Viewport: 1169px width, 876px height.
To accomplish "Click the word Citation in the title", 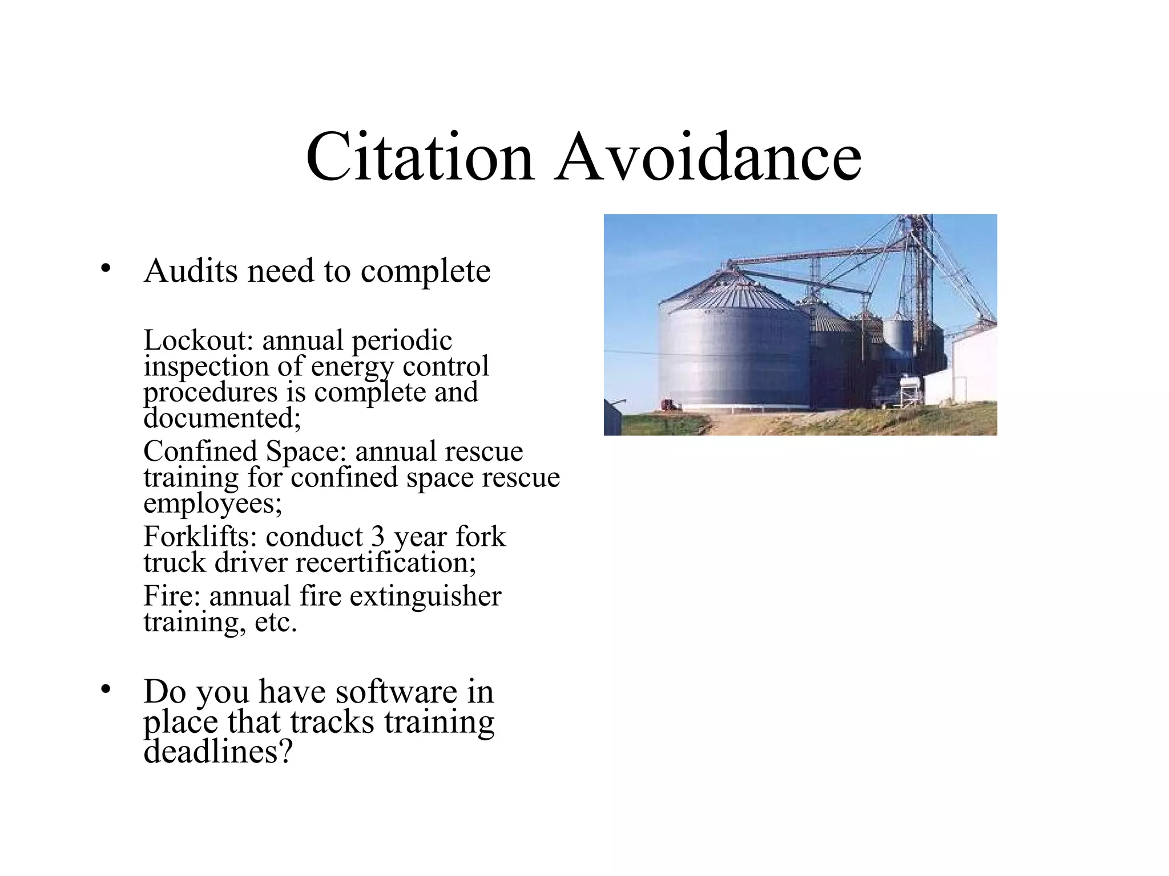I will (x=420, y=157).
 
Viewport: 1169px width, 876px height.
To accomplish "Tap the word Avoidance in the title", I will (x=708, y=157).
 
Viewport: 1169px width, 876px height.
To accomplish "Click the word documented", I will (x=221, y=419).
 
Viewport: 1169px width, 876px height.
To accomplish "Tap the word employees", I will (x=211, y=504).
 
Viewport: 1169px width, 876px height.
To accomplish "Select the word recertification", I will (x=385, y=563).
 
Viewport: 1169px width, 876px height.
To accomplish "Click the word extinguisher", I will (x=425, y=597).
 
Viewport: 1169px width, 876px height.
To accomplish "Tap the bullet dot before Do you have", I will (x=104, y=690).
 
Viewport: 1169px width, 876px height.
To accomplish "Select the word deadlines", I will (x=217, y=752).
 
